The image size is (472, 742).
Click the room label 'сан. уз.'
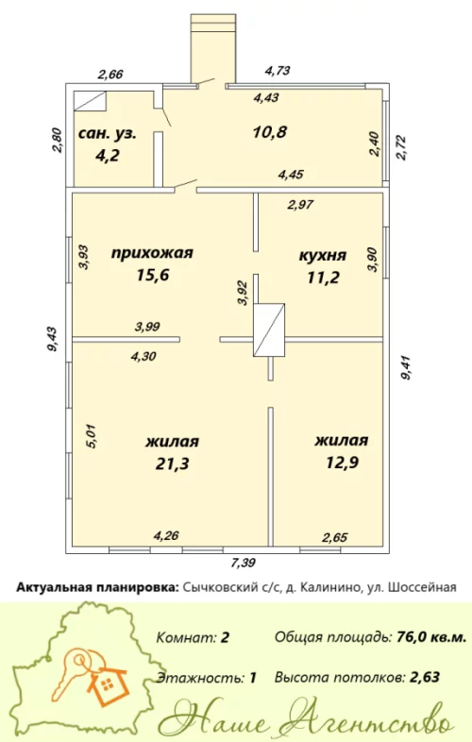108,133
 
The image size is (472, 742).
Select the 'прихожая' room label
152,253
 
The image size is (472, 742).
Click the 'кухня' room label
322,255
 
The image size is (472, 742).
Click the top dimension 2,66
110,73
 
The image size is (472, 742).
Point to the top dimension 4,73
278,70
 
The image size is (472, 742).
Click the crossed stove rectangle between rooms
269,329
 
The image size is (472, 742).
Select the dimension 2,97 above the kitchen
300,203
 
